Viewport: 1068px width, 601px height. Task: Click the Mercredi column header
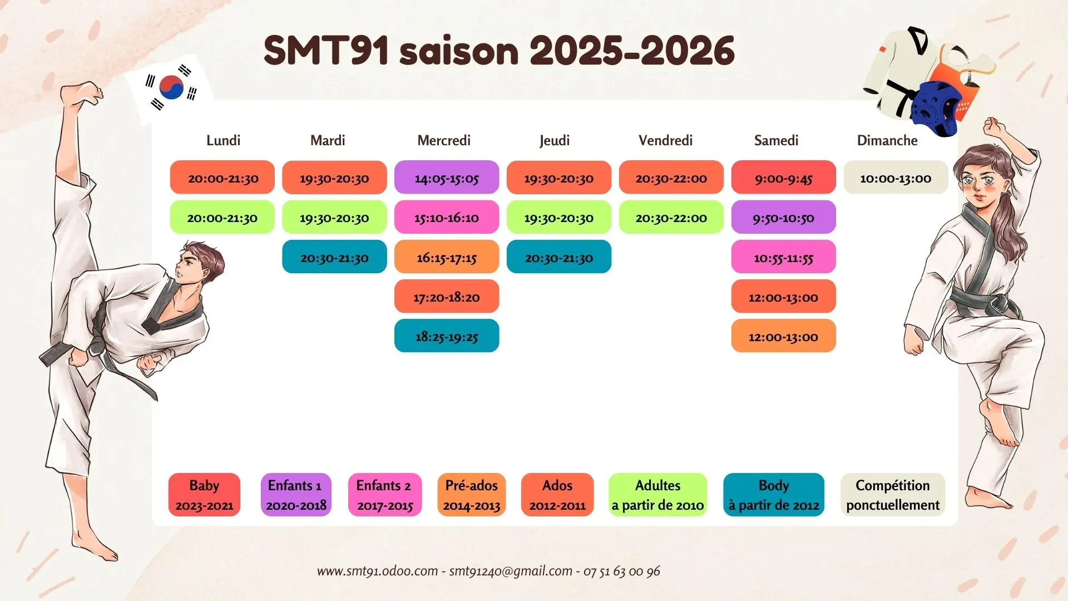(x=444, y=140)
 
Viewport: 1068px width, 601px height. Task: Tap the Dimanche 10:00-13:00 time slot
(x=896, y=178)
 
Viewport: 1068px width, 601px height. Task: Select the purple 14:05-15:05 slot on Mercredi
(x=447, y=178)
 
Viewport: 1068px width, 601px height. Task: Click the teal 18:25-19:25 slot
(x=447, y=336)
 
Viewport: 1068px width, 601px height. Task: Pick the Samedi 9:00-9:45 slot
(x=783, y=178)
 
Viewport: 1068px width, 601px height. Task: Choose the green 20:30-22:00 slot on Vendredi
(x=671, y=217)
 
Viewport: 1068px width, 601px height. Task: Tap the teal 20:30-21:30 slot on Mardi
(x=334, y=257)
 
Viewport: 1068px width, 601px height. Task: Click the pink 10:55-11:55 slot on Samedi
(x=783, y=257)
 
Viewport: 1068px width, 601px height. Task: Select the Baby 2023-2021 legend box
(x=204, y=495)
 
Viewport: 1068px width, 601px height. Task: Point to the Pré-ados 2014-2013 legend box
(x=471, y=495)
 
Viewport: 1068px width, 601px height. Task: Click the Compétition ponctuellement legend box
(x=893, y=495)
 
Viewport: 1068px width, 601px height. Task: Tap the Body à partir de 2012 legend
(x=774, y=495)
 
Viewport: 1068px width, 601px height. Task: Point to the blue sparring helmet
(x=936, y=107)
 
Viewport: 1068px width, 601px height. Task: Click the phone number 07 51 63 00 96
(x=621, y=571)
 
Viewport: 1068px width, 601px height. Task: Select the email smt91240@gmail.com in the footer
(x=511, y=571)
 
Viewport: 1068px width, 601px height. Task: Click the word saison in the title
(x=459, y=51)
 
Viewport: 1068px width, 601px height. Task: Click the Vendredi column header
(x=665, y=140)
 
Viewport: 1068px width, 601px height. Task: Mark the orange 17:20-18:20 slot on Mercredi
(x=447, y=296)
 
